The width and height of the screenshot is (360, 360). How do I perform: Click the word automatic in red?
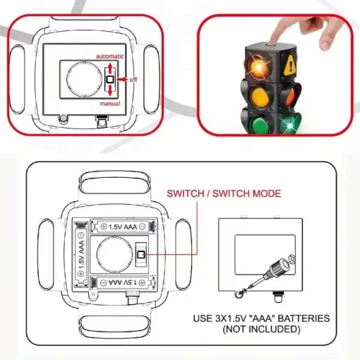[109, 56]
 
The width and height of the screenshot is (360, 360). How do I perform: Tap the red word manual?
[110, 104]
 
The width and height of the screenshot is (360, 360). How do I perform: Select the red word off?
[133, 80]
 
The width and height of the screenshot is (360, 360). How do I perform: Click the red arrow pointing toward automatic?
[110, 67]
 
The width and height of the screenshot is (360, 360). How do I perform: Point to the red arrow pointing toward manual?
[110, 90]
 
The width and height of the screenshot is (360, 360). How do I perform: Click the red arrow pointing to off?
[122, 80]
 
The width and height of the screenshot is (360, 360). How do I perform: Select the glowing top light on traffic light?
[258, 67]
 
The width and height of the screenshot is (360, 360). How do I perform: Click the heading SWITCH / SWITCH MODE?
[224, 193]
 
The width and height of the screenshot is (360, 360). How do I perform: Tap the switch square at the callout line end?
[141, 254]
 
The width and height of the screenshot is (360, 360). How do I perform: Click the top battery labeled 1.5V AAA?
[123, 227]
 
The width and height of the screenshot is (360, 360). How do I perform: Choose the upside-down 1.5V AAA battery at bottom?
[123, 282]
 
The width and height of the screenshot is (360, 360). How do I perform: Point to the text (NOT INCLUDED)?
[261, 329]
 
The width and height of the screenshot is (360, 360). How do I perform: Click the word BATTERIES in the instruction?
[304, 318]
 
